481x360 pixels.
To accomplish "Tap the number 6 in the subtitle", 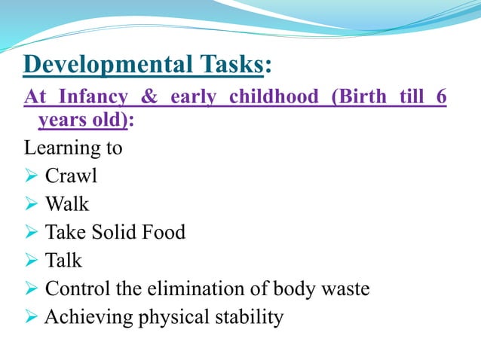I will (441, 98).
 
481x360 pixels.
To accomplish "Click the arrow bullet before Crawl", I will (32, 176).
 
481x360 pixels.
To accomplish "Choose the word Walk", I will (67, 204).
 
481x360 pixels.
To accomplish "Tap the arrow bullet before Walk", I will (32, 204).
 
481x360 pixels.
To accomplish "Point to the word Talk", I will (64, 261).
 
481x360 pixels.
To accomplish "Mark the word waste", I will (344, 289).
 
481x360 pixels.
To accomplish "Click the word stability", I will (249, 317).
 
